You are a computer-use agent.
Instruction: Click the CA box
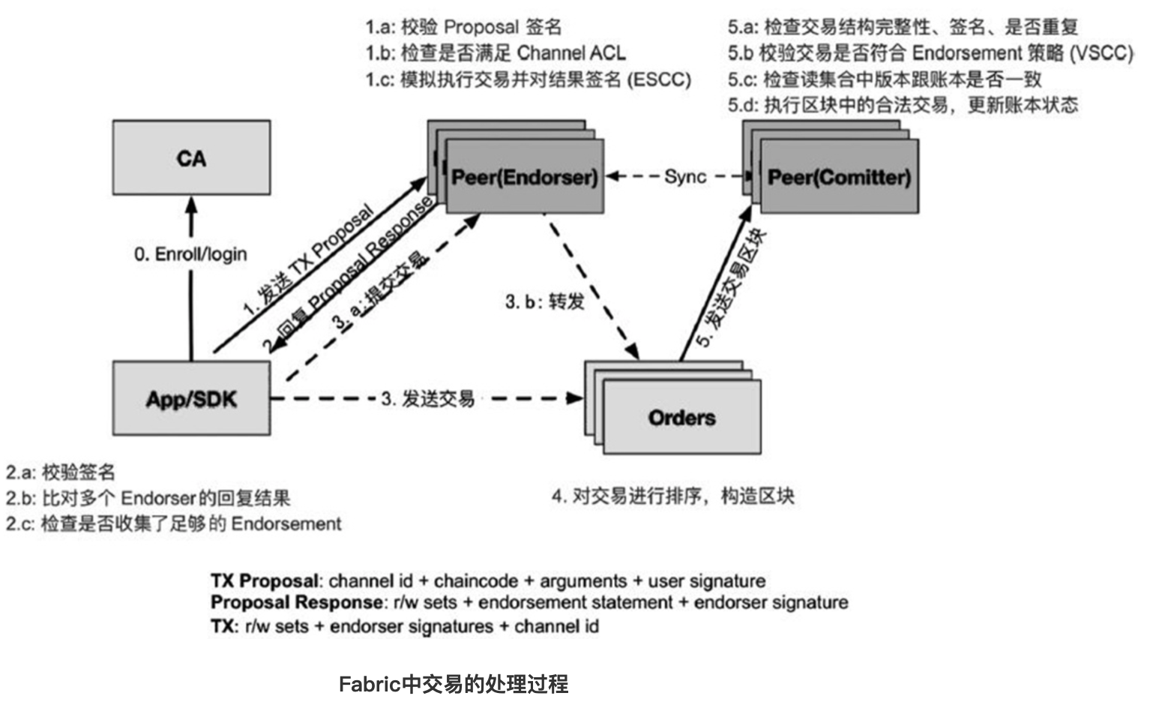point(191,157)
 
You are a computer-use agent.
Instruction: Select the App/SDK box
point(191,398)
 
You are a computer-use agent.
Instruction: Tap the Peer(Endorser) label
point(525,177)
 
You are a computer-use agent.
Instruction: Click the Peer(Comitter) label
point(839,177)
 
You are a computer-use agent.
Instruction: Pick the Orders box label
point(681,418)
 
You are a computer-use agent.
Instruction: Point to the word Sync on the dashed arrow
point(685,176)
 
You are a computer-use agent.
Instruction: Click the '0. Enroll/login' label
point(190,254)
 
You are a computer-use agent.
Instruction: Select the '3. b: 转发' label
point(544,301)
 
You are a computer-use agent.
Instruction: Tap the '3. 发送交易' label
point(427,398)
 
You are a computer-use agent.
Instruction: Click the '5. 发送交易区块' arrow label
point(732,289)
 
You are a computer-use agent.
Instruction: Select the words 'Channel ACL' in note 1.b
point(571,52)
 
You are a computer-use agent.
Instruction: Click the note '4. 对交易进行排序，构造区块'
point(672,496)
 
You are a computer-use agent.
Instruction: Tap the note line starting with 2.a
point(61,472)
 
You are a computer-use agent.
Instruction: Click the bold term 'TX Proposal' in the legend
point(265,580)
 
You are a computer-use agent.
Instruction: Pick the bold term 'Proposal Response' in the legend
point(296,602)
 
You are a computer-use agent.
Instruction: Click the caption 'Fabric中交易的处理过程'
point(454,684)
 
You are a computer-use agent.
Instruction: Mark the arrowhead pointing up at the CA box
point(191,204)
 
